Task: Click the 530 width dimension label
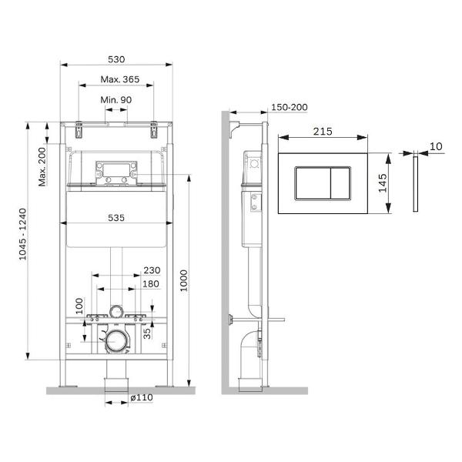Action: click(x=116, y=59)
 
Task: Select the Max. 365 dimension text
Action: click(x=120, y=79)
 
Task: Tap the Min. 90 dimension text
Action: click(x=116, y=100)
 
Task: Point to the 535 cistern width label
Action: click(x=116, y=218)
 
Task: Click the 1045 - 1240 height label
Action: click(x=22, y=234)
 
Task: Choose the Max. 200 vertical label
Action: click(x=42, y=167)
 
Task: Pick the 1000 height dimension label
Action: click(x=183, y=280)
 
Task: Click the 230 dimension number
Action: click(x=152, y=270)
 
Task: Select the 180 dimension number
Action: click(x=151, y=284)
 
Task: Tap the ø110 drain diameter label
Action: click(x=142, y=397)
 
